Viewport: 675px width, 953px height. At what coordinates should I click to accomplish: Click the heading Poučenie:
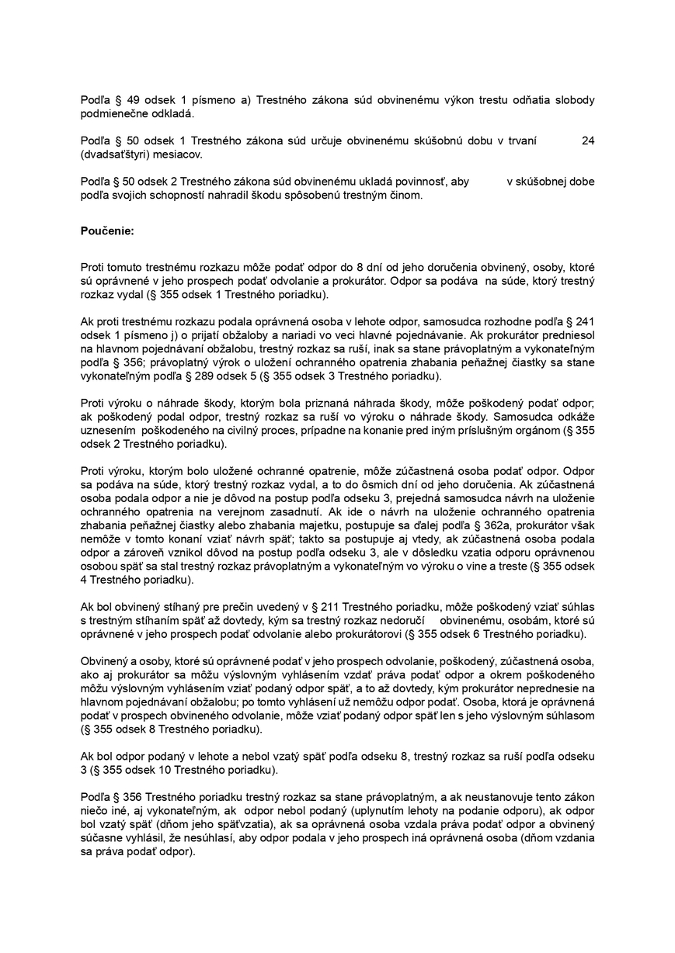tap(107, 230)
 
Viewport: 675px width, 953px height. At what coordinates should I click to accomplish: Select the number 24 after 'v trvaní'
tap(587, 141)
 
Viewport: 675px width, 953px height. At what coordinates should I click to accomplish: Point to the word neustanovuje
tap(503, 796)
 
